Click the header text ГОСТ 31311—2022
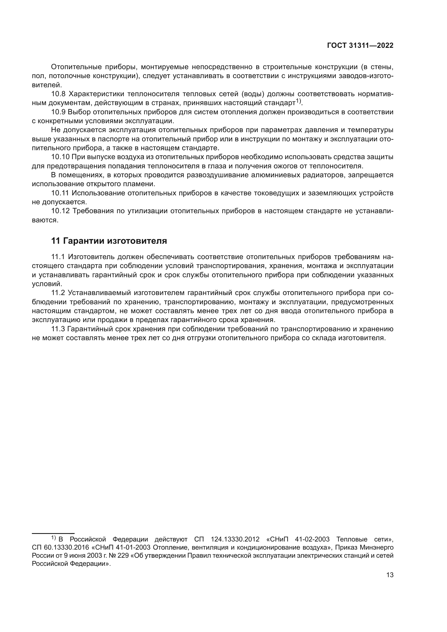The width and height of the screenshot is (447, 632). pyautogui.click(x=360, y=46)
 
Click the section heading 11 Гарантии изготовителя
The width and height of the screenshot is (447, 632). pyautogui.click(x=109, y=241)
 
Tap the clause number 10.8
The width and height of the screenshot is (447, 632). pyautogui.click(x=58, y=94)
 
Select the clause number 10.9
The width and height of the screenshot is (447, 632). pyautogui.click(x=58, y=112)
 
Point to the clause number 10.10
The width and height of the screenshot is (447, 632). pyautogui.click(x=60, y=157)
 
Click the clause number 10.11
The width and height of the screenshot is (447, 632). pyautogui.click(x=60, y=193)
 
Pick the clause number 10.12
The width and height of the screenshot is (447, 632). pyautogui.click(x=60, y=211)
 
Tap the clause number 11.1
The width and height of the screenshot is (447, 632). pyautogui.click(x=58, y=257)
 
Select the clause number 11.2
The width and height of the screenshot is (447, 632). pyautogui.click(x=58, y=293)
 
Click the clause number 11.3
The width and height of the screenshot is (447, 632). pyautogui.click(x=58, y=329)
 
